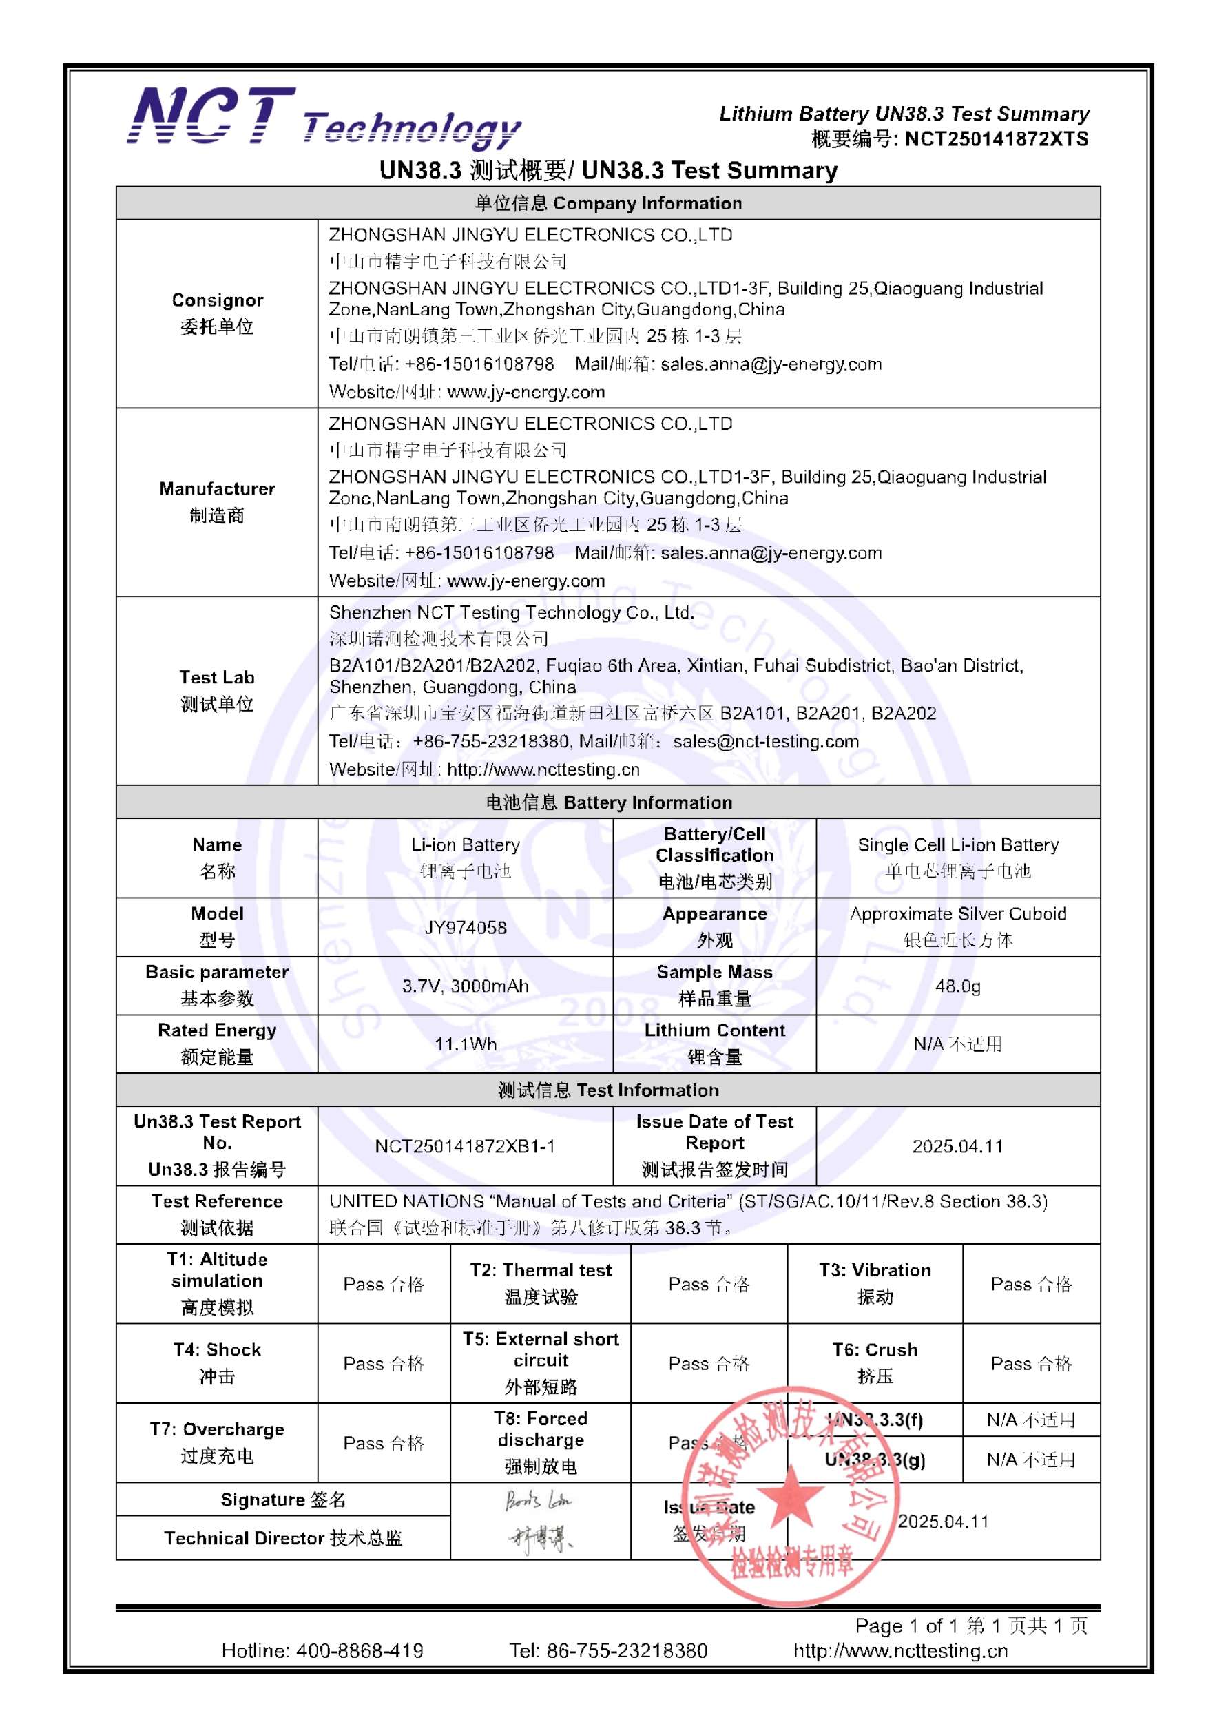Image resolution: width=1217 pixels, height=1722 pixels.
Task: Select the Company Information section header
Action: [x=608, y=203]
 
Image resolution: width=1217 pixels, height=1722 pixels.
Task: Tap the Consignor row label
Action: [x=217, y=313]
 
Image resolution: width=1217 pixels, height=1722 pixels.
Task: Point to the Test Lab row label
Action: [x=217, y=690]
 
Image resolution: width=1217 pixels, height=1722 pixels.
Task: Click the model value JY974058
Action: [x=465, y=927]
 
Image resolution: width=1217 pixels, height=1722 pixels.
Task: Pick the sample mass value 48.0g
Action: [x=957, y=986]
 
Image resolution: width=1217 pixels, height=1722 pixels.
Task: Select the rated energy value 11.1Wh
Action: [x=465, y=1044]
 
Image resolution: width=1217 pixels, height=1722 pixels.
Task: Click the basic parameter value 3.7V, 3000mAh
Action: [x=465, y=986]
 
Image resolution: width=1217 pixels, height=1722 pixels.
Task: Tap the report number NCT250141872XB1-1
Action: [x=465, y=1146]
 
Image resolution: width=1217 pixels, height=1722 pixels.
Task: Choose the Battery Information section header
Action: [x=608, y=802]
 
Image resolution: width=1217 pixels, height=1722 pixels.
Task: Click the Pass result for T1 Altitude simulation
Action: [x=384, y=1284]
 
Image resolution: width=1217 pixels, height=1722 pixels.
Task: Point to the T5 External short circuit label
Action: [x=541, y=1362]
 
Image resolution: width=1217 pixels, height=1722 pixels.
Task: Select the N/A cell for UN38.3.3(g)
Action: [x=1031, y=1460]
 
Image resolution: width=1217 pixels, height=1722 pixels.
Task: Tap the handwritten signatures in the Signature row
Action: [x=539, y=1519]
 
